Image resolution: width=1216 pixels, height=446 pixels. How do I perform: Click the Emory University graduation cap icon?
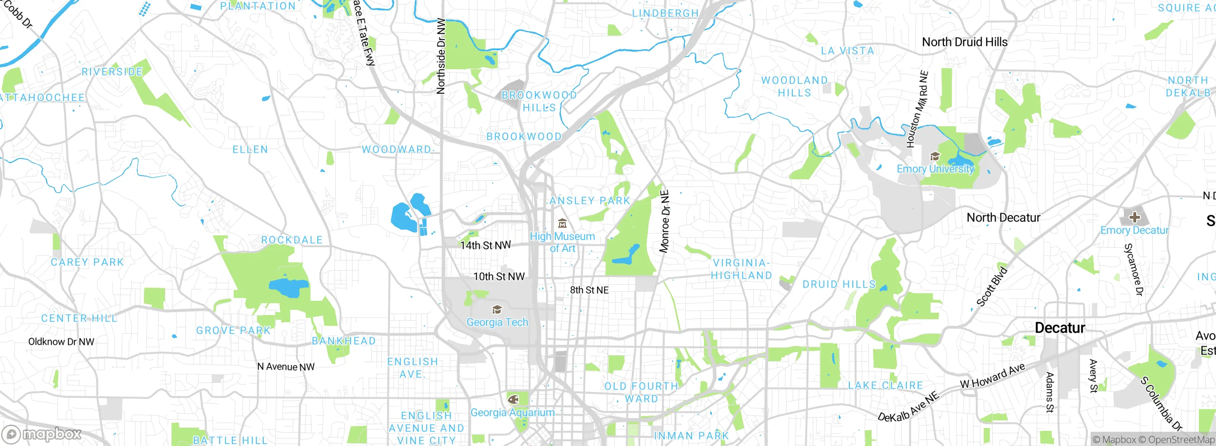[x=935, y=157]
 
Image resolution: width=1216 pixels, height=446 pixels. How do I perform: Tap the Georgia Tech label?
[x=497, y=322]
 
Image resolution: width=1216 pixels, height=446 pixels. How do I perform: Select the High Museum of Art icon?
[x=562, y=223]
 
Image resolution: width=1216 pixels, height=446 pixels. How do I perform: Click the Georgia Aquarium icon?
[x=513, y=399]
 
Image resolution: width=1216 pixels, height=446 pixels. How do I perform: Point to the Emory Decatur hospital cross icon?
[x=1135, y=217]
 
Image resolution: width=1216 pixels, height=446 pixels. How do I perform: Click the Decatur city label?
[x=1060, y=328]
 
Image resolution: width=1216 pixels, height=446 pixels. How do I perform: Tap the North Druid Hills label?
[x=964, y=42]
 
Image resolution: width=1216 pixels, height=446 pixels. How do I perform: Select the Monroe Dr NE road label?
[x=665, y=221]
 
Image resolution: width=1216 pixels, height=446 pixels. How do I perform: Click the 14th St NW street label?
[x=485, y=245]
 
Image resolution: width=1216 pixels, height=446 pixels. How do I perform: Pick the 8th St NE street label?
[x=589, y=290]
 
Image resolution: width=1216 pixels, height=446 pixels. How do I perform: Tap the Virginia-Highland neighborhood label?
[x=741, y=269]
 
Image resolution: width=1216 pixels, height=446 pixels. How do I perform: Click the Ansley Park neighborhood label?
[x=589, y=201]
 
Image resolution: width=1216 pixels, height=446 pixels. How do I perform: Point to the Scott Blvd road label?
[x=992, y=287]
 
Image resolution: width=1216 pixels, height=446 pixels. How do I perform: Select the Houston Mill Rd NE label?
[x=917, y=109]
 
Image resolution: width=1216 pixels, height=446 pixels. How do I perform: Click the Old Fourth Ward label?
[x=641, y=392]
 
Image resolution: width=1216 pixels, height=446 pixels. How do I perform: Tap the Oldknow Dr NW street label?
[x=61, y=342]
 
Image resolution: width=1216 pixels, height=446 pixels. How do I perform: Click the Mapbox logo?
[x=41, y=434]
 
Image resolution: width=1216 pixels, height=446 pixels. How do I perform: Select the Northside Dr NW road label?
[x=441, y=56]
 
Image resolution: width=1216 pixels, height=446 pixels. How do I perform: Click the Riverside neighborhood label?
[x=112, y=72]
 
